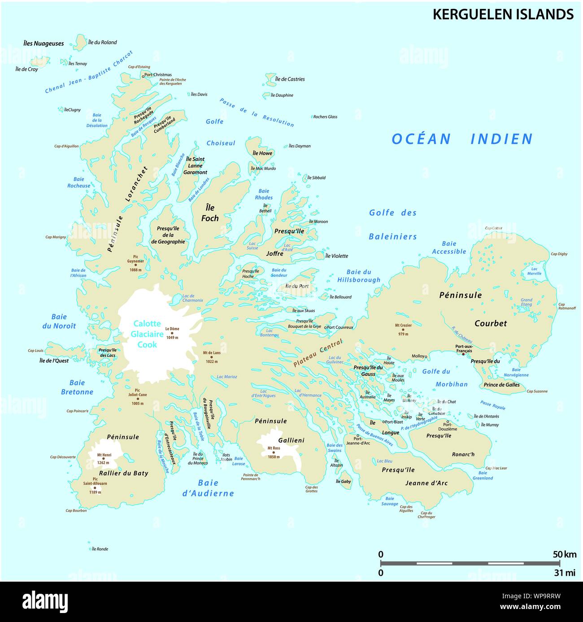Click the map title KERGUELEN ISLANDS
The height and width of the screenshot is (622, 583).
(503, 14)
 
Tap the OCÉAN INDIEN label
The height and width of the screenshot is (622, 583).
(462, 139)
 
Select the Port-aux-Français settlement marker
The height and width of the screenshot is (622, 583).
(463, 354)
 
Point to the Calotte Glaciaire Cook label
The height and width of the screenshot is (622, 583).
(147, 334)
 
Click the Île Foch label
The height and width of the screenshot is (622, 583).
(209, 213)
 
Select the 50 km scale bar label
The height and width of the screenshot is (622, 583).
(564, 554)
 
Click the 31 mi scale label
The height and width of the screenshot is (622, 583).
(564, 573)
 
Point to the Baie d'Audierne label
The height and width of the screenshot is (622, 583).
(208, 488)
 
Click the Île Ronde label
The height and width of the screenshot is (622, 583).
(100, 549)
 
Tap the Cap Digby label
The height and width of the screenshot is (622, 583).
(559, 254)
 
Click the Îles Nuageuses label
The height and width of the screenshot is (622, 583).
(44, 43)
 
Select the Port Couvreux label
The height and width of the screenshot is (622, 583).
(340, 327)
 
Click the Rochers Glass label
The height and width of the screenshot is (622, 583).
(325, 117)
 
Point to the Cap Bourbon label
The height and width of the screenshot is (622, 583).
(76, 510)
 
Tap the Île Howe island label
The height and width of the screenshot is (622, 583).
(262, 153)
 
